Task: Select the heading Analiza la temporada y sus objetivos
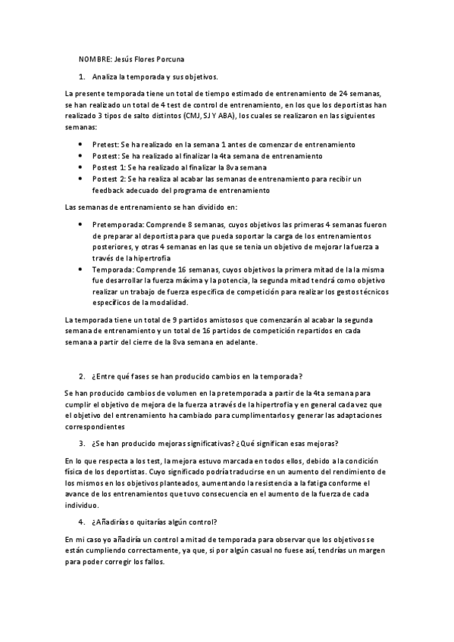click(x=155, y=77)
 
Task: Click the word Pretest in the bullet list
click(x=105, y=144)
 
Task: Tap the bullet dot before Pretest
click(x=82, y=144)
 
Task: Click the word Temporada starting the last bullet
click(x=111, y=270)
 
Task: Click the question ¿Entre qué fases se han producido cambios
click(x=196, y=376)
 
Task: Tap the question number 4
click(x=82, y=522)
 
